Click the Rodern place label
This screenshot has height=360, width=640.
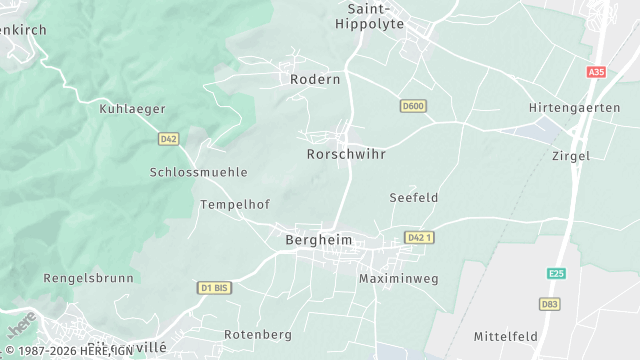coord(315,79)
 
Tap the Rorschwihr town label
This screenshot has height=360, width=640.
coord(345,155)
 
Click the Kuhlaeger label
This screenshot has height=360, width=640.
coord(132,109)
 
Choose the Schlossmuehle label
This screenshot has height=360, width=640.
coord(198,172)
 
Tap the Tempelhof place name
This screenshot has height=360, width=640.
coord(235,204)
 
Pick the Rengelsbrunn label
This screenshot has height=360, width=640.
coord(88,278)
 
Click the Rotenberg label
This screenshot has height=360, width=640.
coord(257,334)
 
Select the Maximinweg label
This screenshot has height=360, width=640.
coord(399,278)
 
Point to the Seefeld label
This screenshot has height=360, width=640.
coord(414,198)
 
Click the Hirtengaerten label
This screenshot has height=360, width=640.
coord(574,108)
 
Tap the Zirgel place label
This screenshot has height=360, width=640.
coord(571,156)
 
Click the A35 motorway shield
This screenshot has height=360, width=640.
coord(597,73)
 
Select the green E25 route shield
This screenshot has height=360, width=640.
coord(557,273)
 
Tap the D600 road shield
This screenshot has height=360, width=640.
coord(413,106)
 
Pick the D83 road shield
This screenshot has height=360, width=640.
coord(550,303)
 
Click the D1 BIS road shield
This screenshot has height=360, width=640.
coord(214,288)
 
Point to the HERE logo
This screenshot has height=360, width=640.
coord(21,326)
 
